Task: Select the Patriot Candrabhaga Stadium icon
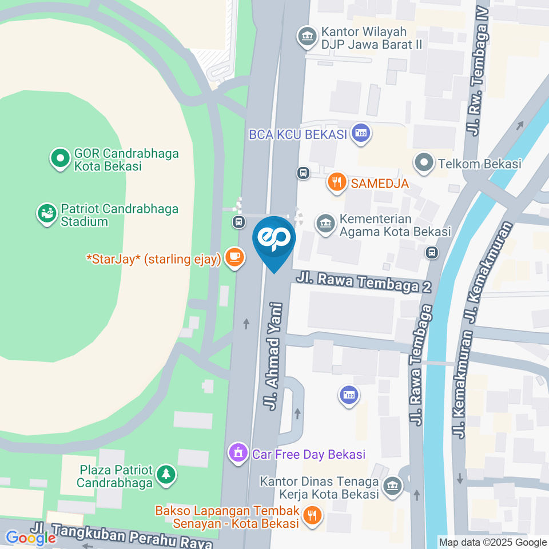point(47,214)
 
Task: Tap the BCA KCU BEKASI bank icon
point(361,134)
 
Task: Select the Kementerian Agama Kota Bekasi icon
point(325,224)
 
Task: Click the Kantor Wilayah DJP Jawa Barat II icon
point(308,37)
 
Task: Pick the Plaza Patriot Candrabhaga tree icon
point(166,474)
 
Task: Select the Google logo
point(30,538)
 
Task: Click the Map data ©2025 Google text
point(493,542)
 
